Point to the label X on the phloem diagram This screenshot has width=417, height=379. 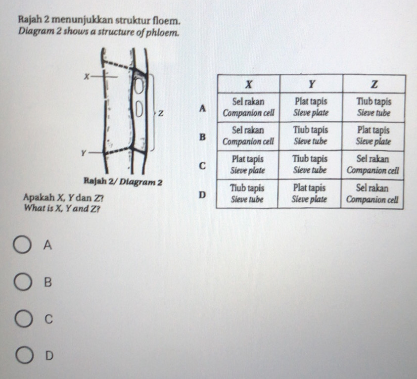tap(86, 76)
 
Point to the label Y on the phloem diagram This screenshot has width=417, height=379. tap(85, 153)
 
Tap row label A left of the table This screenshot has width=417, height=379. tap(201, 108)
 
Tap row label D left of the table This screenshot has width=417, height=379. tap(201, 195)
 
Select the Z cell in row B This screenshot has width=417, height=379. tap(374, 135)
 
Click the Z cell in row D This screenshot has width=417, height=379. tap(374, 194)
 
